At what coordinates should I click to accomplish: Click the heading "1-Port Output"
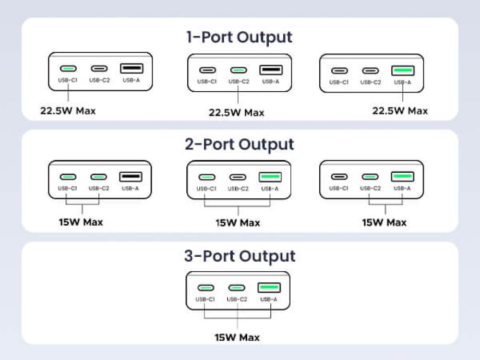pyautogui.click(x=239, y=37)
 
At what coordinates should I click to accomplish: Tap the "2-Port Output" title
pyautogui.click(x=239, y=144)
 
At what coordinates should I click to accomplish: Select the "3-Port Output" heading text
pyautogui.click(x=240, y=256)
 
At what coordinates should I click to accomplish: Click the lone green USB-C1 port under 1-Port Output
pyautogui.click(x=68, y=69)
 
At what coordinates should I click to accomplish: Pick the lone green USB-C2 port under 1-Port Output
pyautogui.click(x=239, y=70)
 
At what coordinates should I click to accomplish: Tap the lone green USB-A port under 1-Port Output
pyautogui.click(x=403, y=71)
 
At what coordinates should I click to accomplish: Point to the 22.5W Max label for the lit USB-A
pyautogui.click(x=400, y=111)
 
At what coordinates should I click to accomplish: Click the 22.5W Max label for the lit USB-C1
pyautogui.click(x=68, y=111)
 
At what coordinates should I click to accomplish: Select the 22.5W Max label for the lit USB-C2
pyautogui.click(x=236, y=113)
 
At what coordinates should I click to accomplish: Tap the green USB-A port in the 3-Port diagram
pyautogui.click(x=269, y=288)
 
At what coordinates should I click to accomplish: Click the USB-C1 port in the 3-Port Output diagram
pyautogui.click(x=206, y=288)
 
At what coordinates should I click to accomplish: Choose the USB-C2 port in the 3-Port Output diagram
pyautogui.click(x=237, y=288)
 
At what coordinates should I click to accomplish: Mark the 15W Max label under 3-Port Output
pyautogui.click(x=237, y=337)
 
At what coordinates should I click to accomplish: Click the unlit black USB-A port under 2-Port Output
pyautogui.click(x=130, y=177)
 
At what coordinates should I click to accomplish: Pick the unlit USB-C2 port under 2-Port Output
pyautogui.click(x=238, y=177)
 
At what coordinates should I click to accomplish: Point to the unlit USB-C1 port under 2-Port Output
pyautogui.click(x=339, y=177)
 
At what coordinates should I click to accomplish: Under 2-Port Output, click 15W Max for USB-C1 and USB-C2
pyautogui.click(x=80, y=222)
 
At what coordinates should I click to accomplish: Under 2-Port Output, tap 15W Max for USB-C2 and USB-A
pyautogui.click(x=384, y=223)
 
